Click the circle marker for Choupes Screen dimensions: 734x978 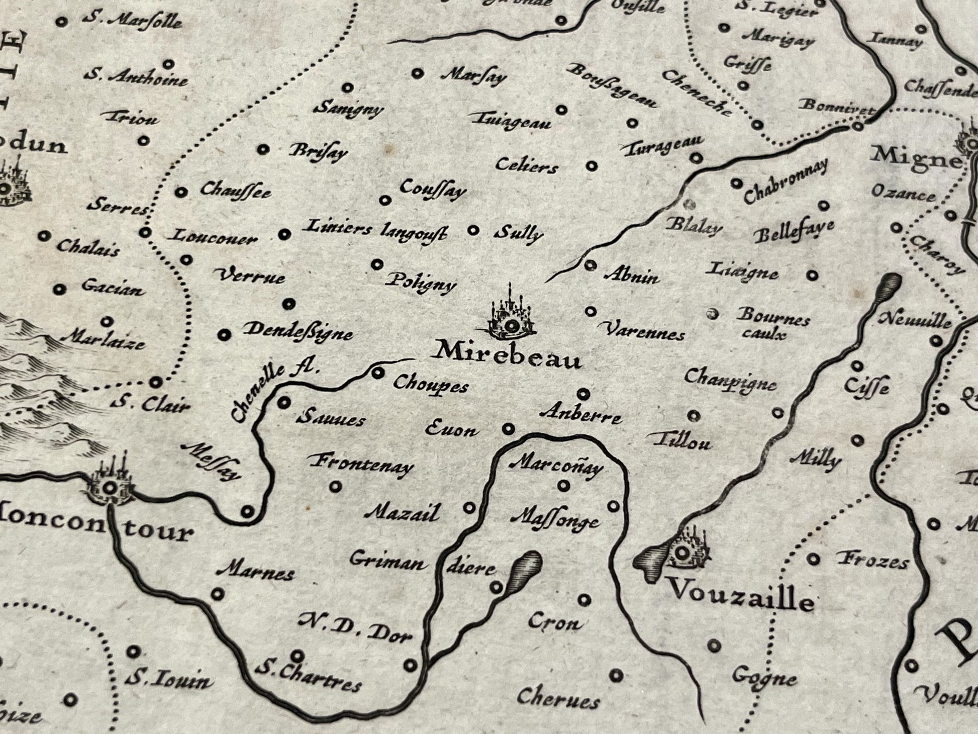click(x=377, y=373)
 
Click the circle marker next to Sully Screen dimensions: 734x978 click(x=473, y=230)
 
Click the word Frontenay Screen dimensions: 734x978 click(x=361, y=463)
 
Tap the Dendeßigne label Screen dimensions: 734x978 click(x=298, y=331)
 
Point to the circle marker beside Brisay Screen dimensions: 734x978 click(x=263, y=149)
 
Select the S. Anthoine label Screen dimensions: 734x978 click(x=136, y=77)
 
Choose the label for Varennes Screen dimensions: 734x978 click(x=644, y=331)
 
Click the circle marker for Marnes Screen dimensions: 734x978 click(x=217, y=594)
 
